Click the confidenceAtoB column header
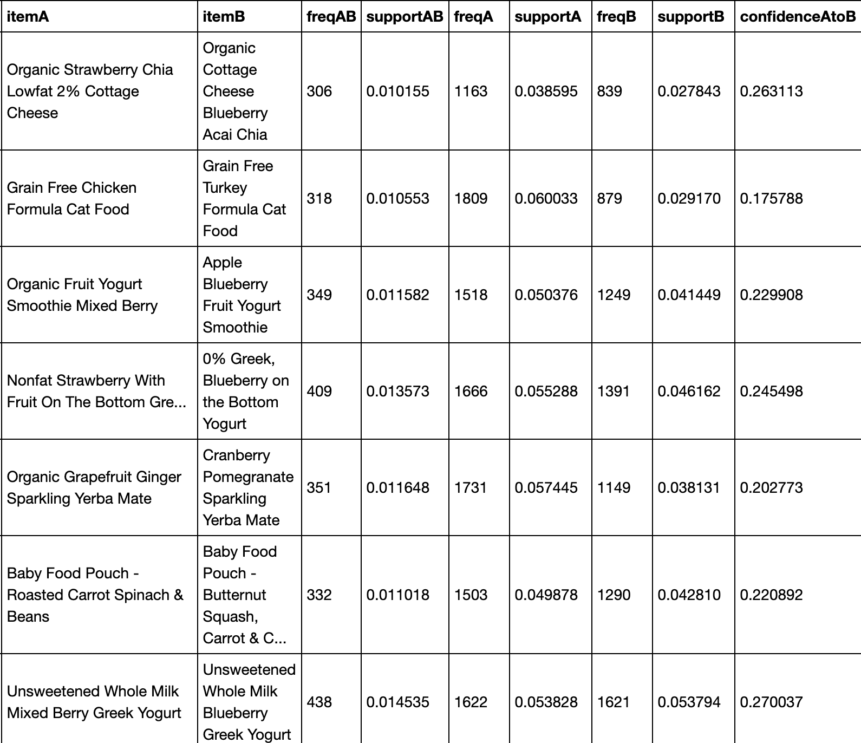(798, 17)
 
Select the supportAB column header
(405, 17)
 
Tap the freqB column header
(616, 17)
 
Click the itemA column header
(28, 17)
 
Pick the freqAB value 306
(319, 91)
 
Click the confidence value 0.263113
(771, 91)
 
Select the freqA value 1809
(471, 198)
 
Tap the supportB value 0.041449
(689, 295)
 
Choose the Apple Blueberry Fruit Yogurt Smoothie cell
(242, 295)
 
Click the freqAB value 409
(319, 391)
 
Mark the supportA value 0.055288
(546, 391)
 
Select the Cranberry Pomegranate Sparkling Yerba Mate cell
(248, 487)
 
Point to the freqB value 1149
(614, 487)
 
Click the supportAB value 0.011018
(397, 595)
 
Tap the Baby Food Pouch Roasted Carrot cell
(95, 595)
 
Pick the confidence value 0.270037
(771, 702)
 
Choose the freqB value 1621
(613, 702)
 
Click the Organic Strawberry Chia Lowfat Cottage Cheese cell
(90, 91)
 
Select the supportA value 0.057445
(546, 487)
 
